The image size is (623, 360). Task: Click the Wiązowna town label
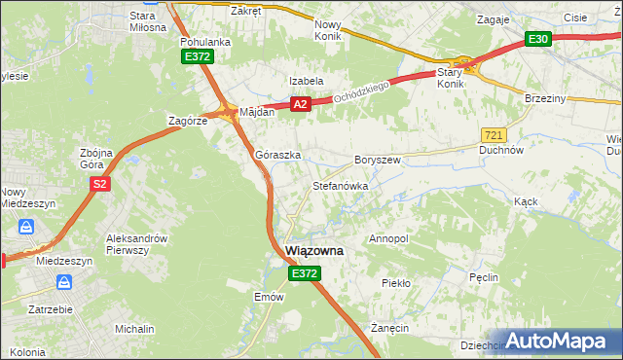click(313, 250)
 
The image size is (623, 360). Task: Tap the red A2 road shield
click(300, 104)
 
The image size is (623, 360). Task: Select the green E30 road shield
click(538, 39)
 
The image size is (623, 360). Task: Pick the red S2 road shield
click(99, 183)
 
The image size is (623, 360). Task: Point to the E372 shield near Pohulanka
click(197, 57)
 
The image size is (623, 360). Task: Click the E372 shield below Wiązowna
click(304, 275)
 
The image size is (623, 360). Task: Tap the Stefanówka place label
click(340, 185)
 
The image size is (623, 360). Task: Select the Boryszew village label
click(378, 159)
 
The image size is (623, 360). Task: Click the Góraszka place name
click(277, 155)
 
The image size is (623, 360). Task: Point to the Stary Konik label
click(450, 78)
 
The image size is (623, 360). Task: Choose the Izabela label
click(306, 81)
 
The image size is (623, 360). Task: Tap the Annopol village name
click(388, 238)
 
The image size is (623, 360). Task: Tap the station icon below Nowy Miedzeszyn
click(26, 227)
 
